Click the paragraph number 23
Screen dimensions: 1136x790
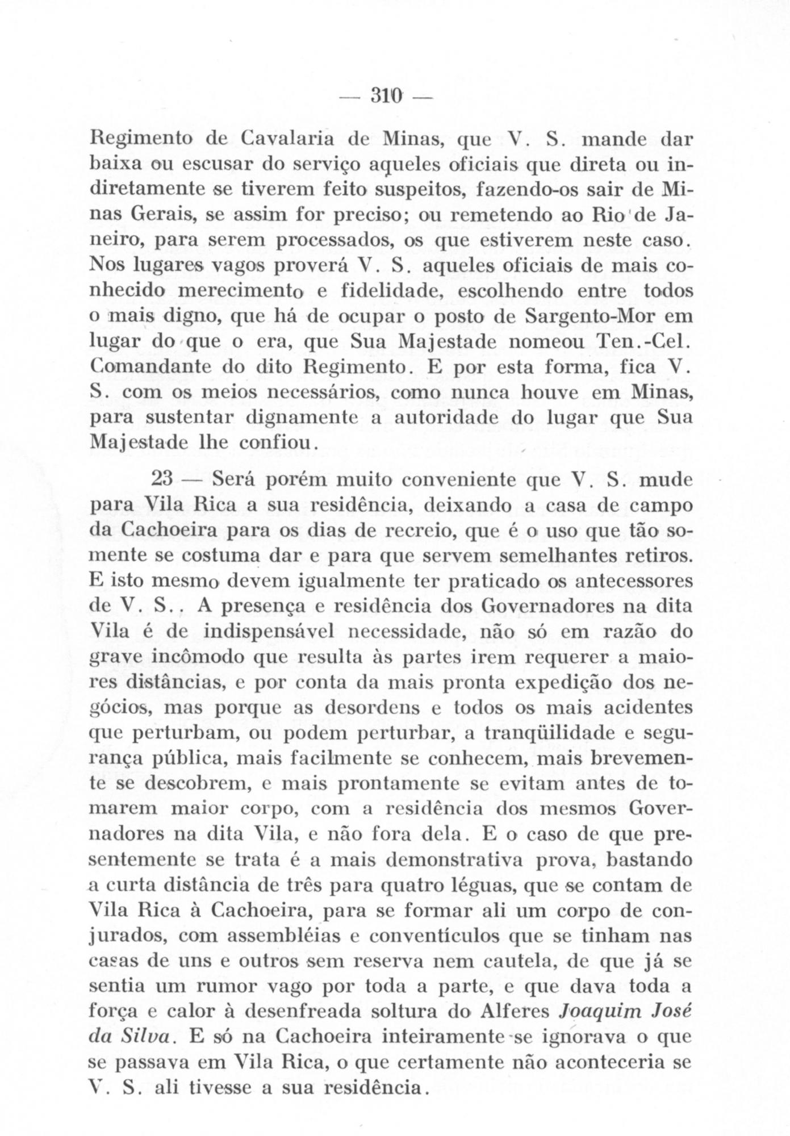point(162,480)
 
